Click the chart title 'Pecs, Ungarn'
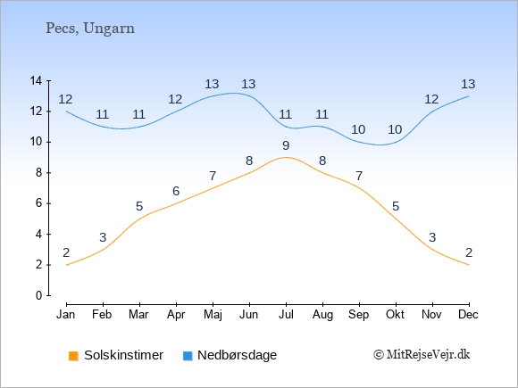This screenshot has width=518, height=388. click(x=90, y=29)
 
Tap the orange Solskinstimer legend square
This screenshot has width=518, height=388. click(x=73, y=356)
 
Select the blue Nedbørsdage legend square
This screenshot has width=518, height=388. click(x=188, y=356)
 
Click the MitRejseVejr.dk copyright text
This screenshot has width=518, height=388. click(x=422, y=355)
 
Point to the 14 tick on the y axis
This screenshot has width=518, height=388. click(x=36, y=80)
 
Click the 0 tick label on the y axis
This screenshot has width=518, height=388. click(x=39, y=295)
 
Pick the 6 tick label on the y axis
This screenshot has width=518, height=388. click(x=39, y=203)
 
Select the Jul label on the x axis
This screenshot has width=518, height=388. click(x=286, y=315)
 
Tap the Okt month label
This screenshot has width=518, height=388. click(x=395, y=315)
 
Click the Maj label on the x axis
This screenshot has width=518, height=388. click(x=213, y=315)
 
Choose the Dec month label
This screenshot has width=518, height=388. click(x=468, y=315)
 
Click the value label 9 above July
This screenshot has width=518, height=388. click(x=286, y=145)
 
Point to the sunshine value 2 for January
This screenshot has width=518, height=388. click(x=66, y=252)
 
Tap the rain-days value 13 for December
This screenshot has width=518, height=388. click(x=468, y=84)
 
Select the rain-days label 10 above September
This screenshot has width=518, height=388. click(x=358, y=129)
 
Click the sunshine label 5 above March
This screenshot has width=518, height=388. click(x=139, y=207)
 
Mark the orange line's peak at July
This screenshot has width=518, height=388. click(x=286, y=157)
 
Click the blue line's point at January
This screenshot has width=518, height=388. click(x=66, y=111)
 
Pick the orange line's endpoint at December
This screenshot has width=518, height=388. click(x=469, y=265)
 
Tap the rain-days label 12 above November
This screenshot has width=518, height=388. click(x=431, y=99)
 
